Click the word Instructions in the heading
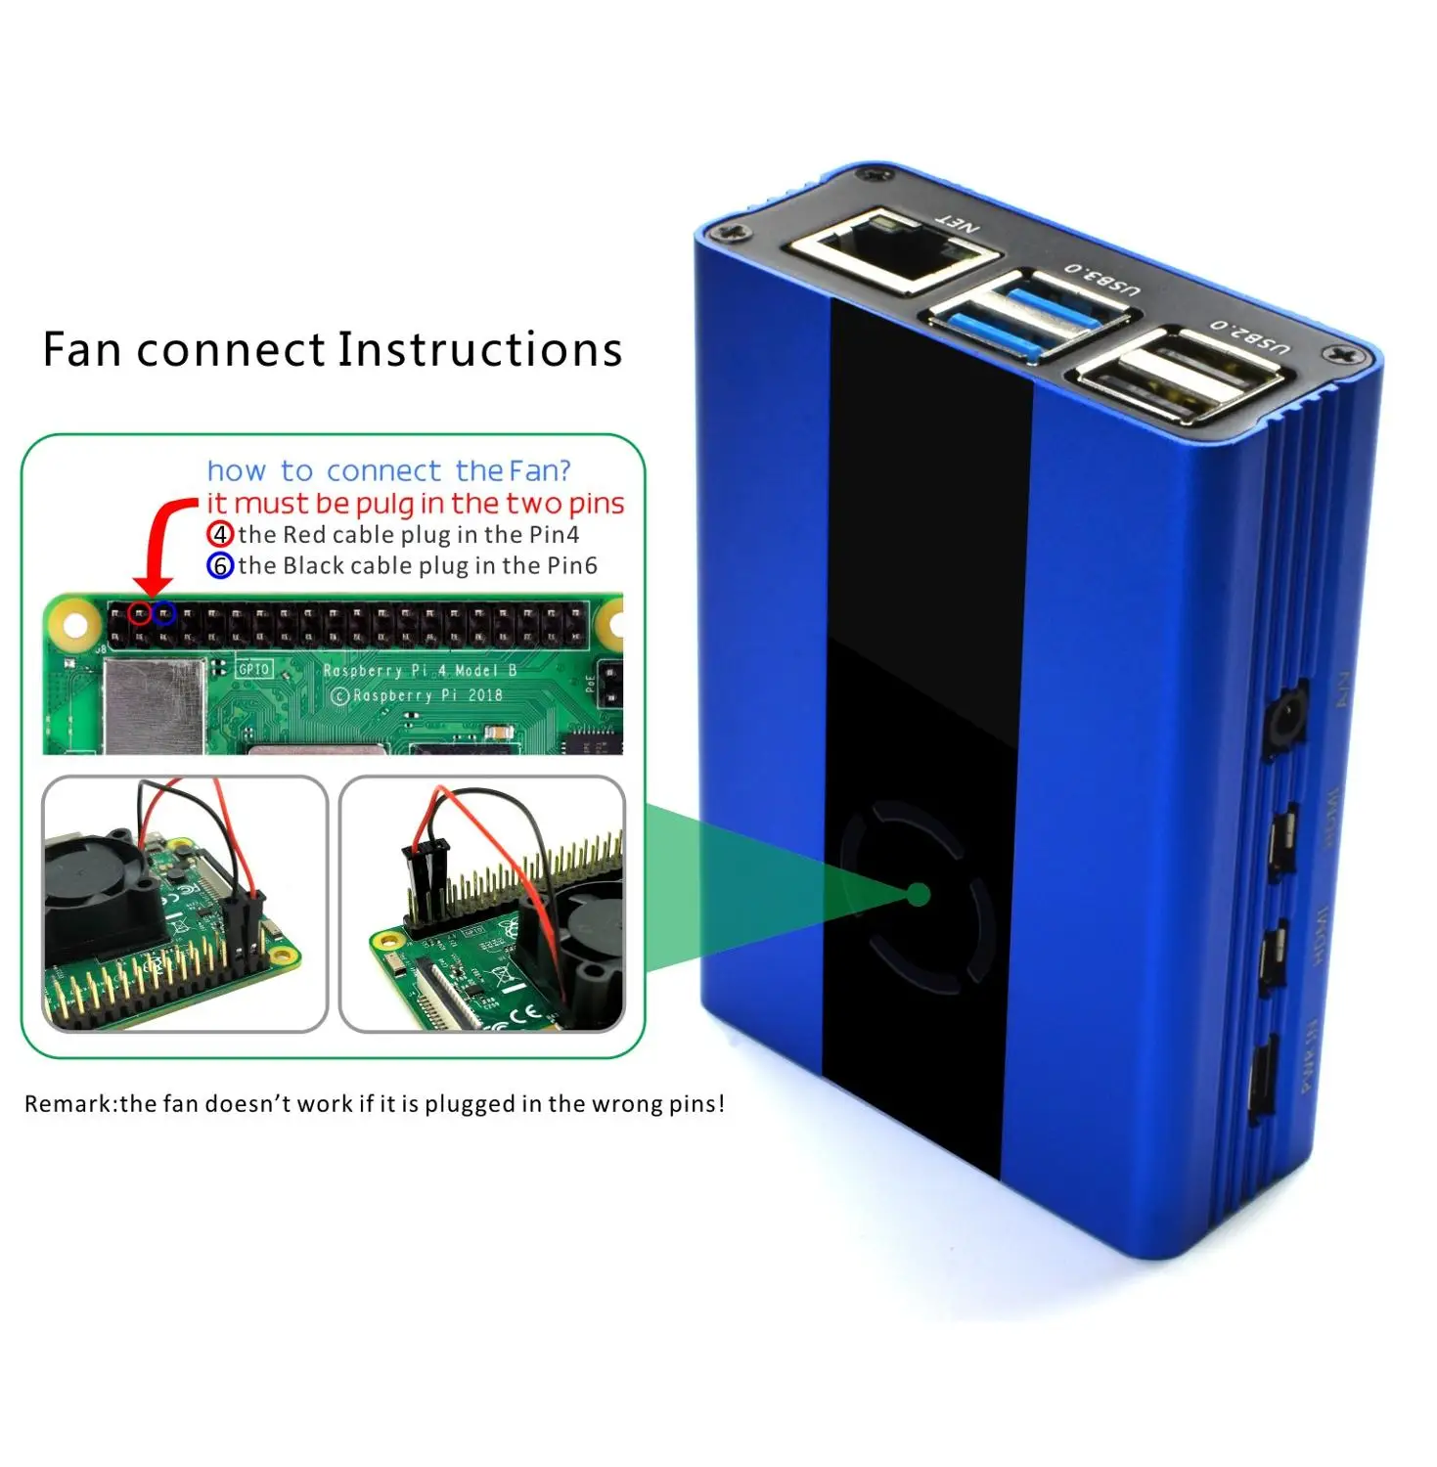(479, 350)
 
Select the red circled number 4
(220, 534)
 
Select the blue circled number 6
(220, 565)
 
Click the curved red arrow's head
(153, 584)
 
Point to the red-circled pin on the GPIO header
(140, 614)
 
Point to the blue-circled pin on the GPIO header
(164, 614)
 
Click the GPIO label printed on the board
(254, 669)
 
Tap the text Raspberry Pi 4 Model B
(420, 671)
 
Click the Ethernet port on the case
(892, 250)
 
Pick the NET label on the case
(958, 224)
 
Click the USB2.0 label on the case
(1250, 335)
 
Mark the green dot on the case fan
(918, 894)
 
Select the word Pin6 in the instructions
(571, 565)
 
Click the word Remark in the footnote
(68, 1104)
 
